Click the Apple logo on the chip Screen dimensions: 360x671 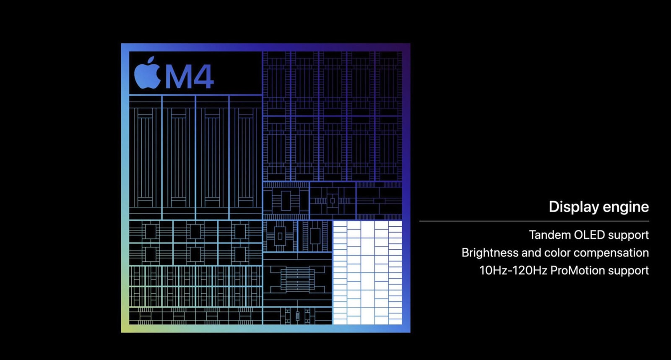click(x=147, y=74)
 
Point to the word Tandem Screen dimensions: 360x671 click(x=549, y=235)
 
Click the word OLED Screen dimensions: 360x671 click(x=589, y=235)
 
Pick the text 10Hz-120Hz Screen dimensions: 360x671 click(x=513, y=270)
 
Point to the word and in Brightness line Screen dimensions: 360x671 click(x=531, y=253)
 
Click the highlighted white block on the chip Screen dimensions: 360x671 click(x=367, y=273)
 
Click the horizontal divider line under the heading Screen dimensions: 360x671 click(x=534, y=221)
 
